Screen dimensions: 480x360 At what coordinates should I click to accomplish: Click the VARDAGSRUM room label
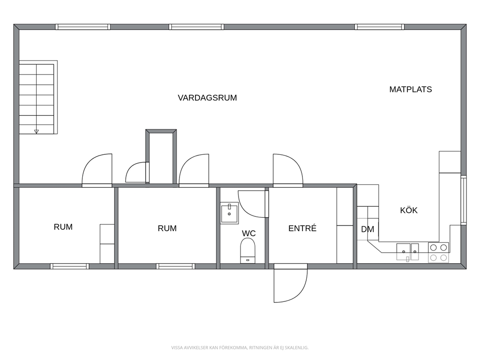pyautogui.click(x=207, y=98)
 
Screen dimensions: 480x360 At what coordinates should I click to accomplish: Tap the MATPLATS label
pyautogui.click(x=410, y=90)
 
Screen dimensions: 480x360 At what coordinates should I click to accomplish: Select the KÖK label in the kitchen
pyautogui.click(x=409, y=210)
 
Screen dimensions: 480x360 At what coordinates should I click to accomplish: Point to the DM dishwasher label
pyautogui.click(x=368, y=229)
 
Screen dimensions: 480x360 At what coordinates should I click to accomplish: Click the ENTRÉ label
pyautogui.click(x=302, y=228)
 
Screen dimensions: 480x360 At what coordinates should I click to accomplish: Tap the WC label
pyautogui.click(x=249, y=233)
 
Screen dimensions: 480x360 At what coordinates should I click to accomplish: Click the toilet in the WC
pyautogui.click(x=248, y=251)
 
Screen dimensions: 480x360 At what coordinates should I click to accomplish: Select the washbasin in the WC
pyautogui.click(x=229, y=213)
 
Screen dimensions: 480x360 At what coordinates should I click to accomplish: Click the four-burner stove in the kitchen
pyautogui.click(x=438, y=253)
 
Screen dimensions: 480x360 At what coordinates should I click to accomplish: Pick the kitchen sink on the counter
pyautogui.click(x=407, y=252)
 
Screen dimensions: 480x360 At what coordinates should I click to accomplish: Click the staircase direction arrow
pyautogui.click(x=36, y=132)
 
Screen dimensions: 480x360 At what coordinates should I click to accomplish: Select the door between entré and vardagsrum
pyautogui.click(x=288, y=170)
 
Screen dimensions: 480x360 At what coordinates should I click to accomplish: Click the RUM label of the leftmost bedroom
pyautogui.click(x=63, y=227)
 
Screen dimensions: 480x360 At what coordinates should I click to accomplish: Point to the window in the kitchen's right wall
pyautogui.click(x=464, y=200)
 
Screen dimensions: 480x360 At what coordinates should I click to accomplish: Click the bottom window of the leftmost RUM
pyautogui.click(x=70, y=266)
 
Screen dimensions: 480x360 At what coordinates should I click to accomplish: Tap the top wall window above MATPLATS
pyautogui.click(x=379, y=27)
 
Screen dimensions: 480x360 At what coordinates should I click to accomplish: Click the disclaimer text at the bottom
pyautogui.click(x=240, y=347)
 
